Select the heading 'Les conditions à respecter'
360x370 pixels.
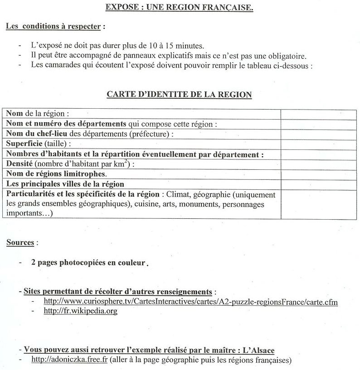pyautogui.click(x=53, y=26)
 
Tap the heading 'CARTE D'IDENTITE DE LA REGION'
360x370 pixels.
pyautogui.click(x=179, y=95)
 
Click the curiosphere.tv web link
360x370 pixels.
pyautogui.click(x=190, y=301)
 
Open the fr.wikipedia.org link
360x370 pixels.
pyautogui.click(x=80, y=311)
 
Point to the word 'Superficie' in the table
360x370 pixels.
pyautogui.click(x=24, y=144)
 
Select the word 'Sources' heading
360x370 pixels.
pyautogui.click(x=20, y=243)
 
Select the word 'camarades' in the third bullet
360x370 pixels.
pyautogui.click(x=62, y=65)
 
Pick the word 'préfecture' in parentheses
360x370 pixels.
pyautogui.click(x=151, y=134)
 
